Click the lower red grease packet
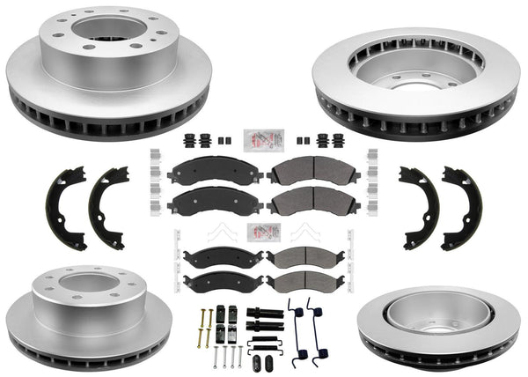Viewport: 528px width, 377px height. click(x=264, y=233)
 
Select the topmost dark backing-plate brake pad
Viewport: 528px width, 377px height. click(x=210, y=169)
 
